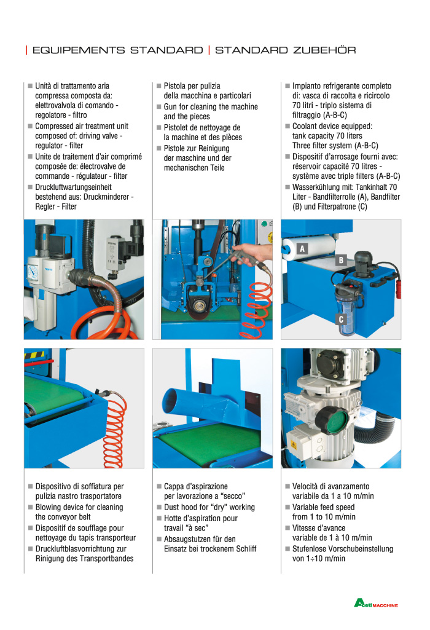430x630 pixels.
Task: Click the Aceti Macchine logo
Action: [x=375, y=604]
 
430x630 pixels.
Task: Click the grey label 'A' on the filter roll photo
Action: [x=302, y=249]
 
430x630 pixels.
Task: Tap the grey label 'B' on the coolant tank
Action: [x=340, y=260]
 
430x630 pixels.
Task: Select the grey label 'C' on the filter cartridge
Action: [x=341, y=319]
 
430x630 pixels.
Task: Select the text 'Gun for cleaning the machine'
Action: [x=211, y=107]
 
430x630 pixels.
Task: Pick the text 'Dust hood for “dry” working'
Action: [x=209, y=507]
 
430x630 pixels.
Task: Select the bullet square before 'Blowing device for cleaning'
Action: [x=30, y=507]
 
